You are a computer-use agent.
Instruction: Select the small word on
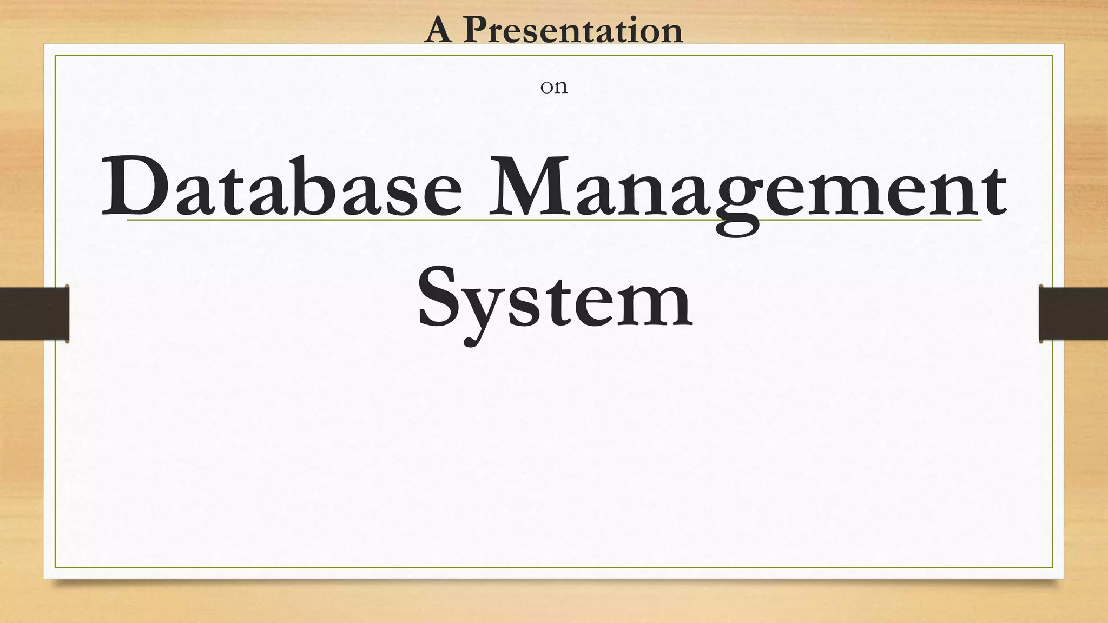point(553,87)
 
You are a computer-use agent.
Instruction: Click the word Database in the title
point(281,187)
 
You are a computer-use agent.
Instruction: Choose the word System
point(555,300)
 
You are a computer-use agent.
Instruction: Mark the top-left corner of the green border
point(55,56)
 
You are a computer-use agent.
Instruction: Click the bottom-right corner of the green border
point(1052,567)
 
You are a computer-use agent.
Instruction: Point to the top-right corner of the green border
point(1052,56)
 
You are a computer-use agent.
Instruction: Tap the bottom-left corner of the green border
point(55,567)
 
